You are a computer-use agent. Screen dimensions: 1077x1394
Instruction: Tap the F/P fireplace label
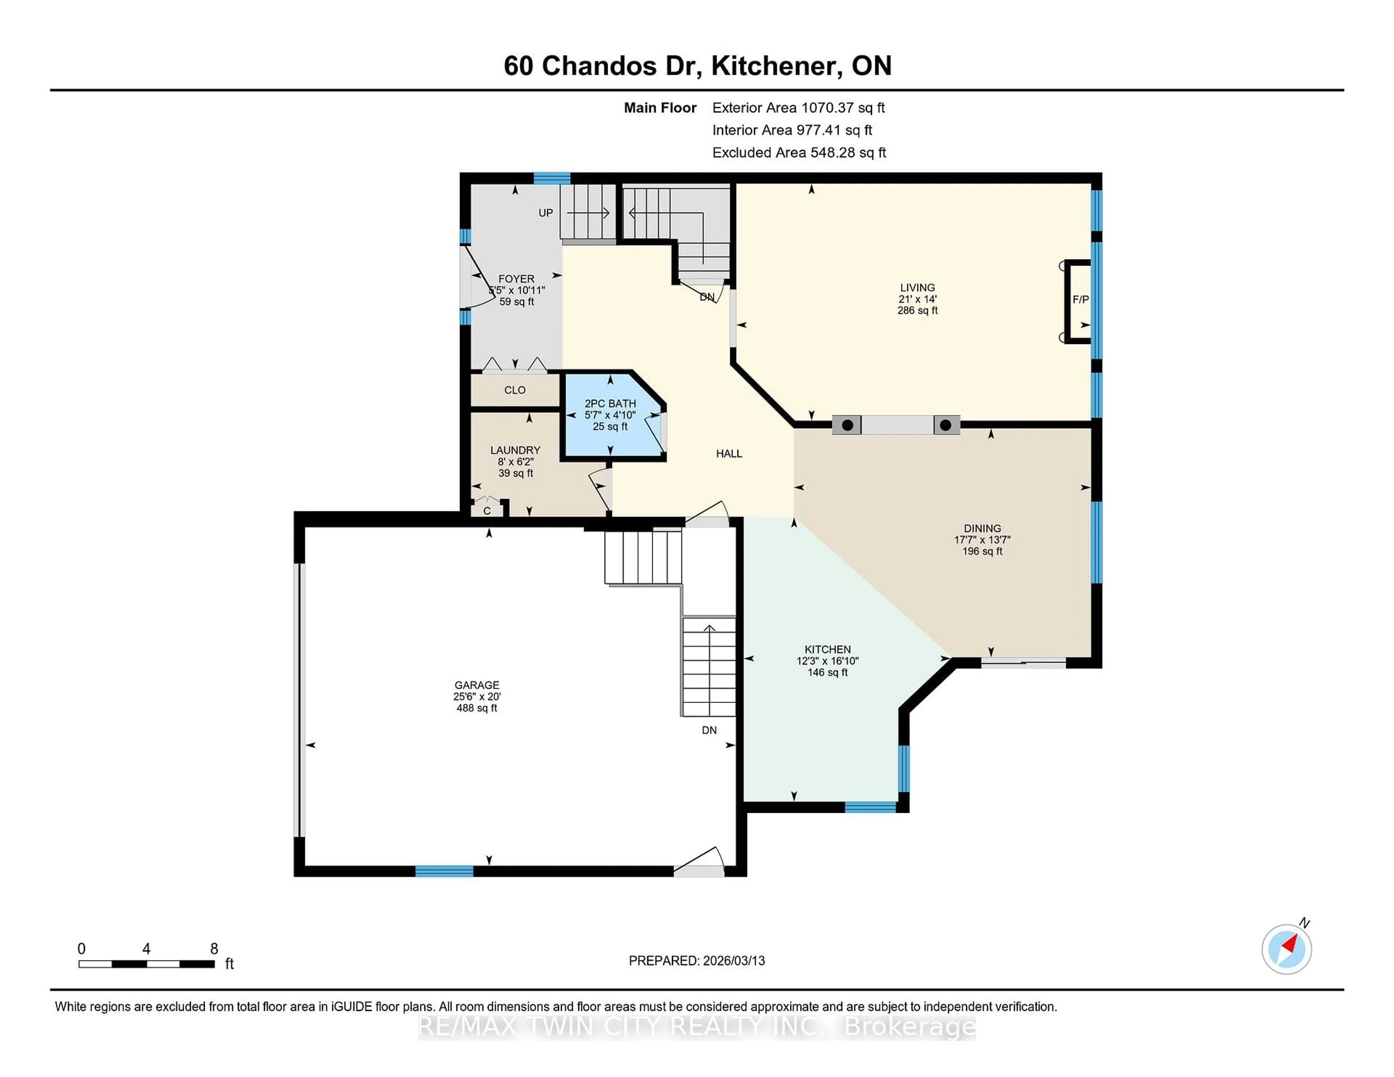(x=1080, y=299)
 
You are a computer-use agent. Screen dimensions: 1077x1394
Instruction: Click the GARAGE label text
(x=476, y=685)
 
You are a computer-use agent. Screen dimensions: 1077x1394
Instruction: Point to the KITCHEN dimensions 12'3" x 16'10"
(x=827, y=661)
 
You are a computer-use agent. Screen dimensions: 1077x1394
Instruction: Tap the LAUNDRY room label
(x=515, y=450)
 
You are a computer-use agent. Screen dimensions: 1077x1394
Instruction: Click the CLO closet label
(x=514, y=390)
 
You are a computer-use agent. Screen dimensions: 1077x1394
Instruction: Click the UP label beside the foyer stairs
(x=545, y=213)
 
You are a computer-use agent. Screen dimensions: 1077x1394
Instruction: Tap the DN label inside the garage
(x=709, y=730)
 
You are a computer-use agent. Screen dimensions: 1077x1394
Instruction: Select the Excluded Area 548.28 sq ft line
(x=799, y=152)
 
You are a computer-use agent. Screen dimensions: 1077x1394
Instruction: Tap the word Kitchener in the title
(x=772, y=66)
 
